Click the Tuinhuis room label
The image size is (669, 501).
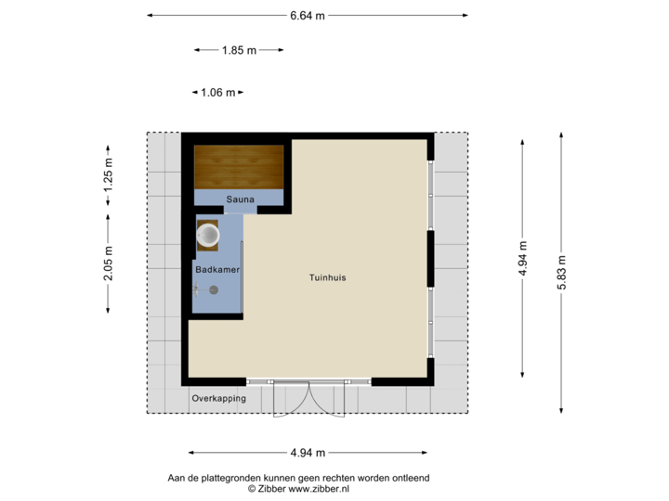point(328,277)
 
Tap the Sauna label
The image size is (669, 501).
point(239,199)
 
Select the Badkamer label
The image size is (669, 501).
point(216,269)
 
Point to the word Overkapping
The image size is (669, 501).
point(219,398)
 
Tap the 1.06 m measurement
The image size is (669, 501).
point(218,92)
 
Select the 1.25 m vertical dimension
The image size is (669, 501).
point(109,174)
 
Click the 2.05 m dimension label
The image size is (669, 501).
point(109,263)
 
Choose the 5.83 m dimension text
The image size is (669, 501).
point(561,274)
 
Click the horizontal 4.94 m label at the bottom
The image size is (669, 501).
point(308,453)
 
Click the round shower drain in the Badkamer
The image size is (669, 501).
point(214,289)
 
